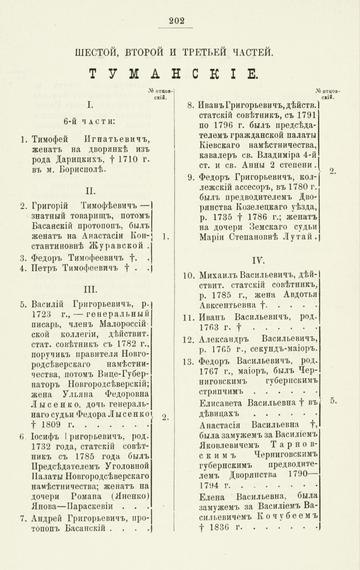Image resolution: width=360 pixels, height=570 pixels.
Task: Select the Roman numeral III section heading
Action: pyautogui.click(x=90, y=289)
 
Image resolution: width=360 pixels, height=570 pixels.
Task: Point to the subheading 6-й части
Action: pyautogui.click(x=90, y=122)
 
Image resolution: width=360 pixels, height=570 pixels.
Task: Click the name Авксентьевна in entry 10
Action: pyautogui.click(x=225, y=304)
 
